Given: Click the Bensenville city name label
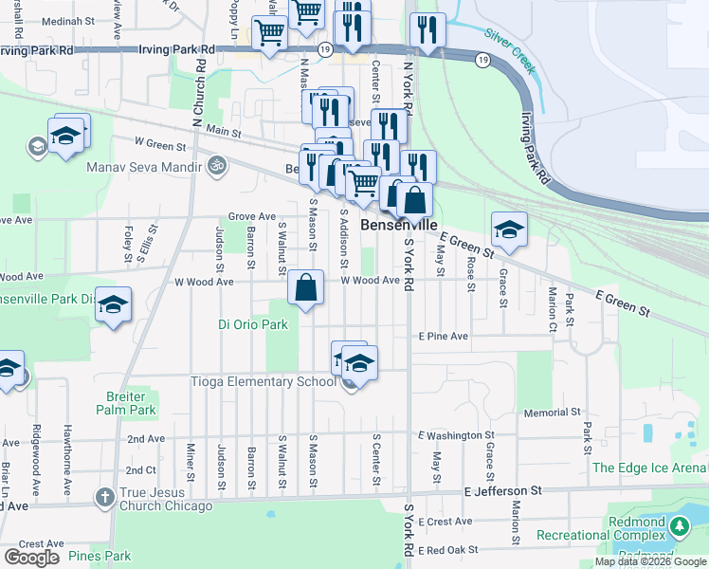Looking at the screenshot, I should click(399, 226).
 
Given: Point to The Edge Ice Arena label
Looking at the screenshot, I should click(649, 468).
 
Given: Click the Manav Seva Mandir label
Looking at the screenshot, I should click(143, 167).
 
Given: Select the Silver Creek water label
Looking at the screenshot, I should click(510, 46).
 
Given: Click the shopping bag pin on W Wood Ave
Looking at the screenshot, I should click(306, 288).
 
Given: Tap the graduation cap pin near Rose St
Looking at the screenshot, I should click(509, 230).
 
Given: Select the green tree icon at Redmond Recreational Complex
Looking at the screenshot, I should click(679, 525).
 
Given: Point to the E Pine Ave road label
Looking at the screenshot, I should click(444, 337).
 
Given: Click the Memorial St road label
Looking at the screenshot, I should click(552, 413).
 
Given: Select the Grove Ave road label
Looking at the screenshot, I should click(251, 216).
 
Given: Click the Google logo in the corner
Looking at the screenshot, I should click(31, 558).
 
